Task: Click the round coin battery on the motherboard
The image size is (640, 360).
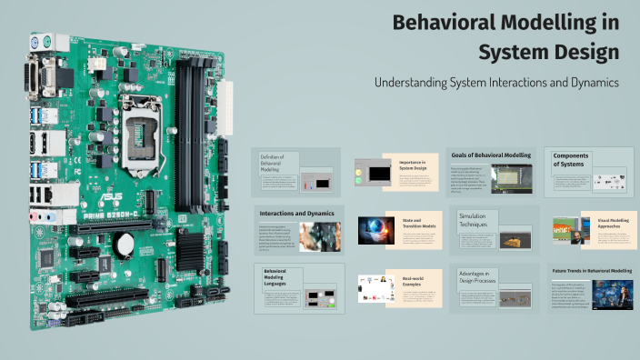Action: tap(125, 243)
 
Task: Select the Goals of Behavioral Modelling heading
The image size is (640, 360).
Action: tap(491, 155)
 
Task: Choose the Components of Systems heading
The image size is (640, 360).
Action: tap(570, 159)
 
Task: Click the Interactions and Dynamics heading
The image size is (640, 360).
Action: tap(296, 213)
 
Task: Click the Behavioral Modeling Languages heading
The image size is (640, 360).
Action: tap(276, 276)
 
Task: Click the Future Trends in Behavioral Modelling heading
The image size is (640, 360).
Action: tap(591, 271)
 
